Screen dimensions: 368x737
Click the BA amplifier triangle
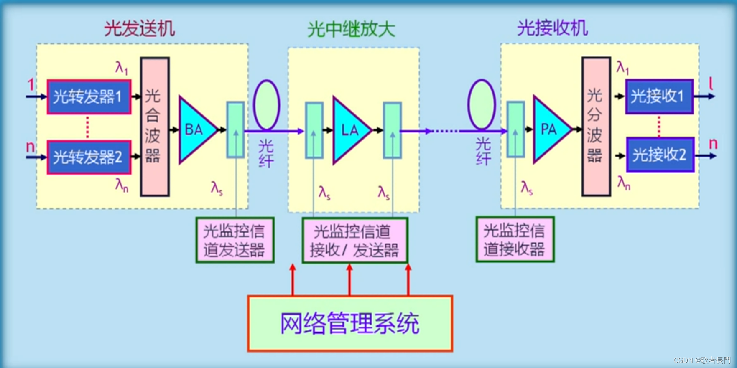click(x=196, y=130)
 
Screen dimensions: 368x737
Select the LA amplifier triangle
click(x=349, y=130)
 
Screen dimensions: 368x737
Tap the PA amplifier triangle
click(x=549, y=129)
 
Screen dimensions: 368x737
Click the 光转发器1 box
click(x=89, y=97)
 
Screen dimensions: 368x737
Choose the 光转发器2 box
click(x=89, y=157)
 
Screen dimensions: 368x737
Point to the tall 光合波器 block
click(x=155, y=127)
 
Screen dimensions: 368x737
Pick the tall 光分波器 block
click(x=596, y=127)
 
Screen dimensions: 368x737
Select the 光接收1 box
click(x=659, y=96)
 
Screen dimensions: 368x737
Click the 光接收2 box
click(x=660, y=155)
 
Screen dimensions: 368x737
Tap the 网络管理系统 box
click(x=350, y=324)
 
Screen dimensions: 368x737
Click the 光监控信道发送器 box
click(x=235, y=240)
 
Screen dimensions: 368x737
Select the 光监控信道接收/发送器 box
click(x=354, y=241)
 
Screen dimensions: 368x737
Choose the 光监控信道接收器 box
click(x=515, y=240)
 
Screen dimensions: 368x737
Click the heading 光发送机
click(x=139, y=29)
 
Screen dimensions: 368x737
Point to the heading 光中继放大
click(x=351, y=29)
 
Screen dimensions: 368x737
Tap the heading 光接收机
click(x=552, y=28)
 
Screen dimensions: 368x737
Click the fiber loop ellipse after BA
click(x=266, y=105)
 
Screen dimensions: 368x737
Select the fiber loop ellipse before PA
click(x=482, y=104)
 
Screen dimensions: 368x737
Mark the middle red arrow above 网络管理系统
click(x=349, y=280)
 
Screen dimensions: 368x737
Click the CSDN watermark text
click(x=702, y=360)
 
